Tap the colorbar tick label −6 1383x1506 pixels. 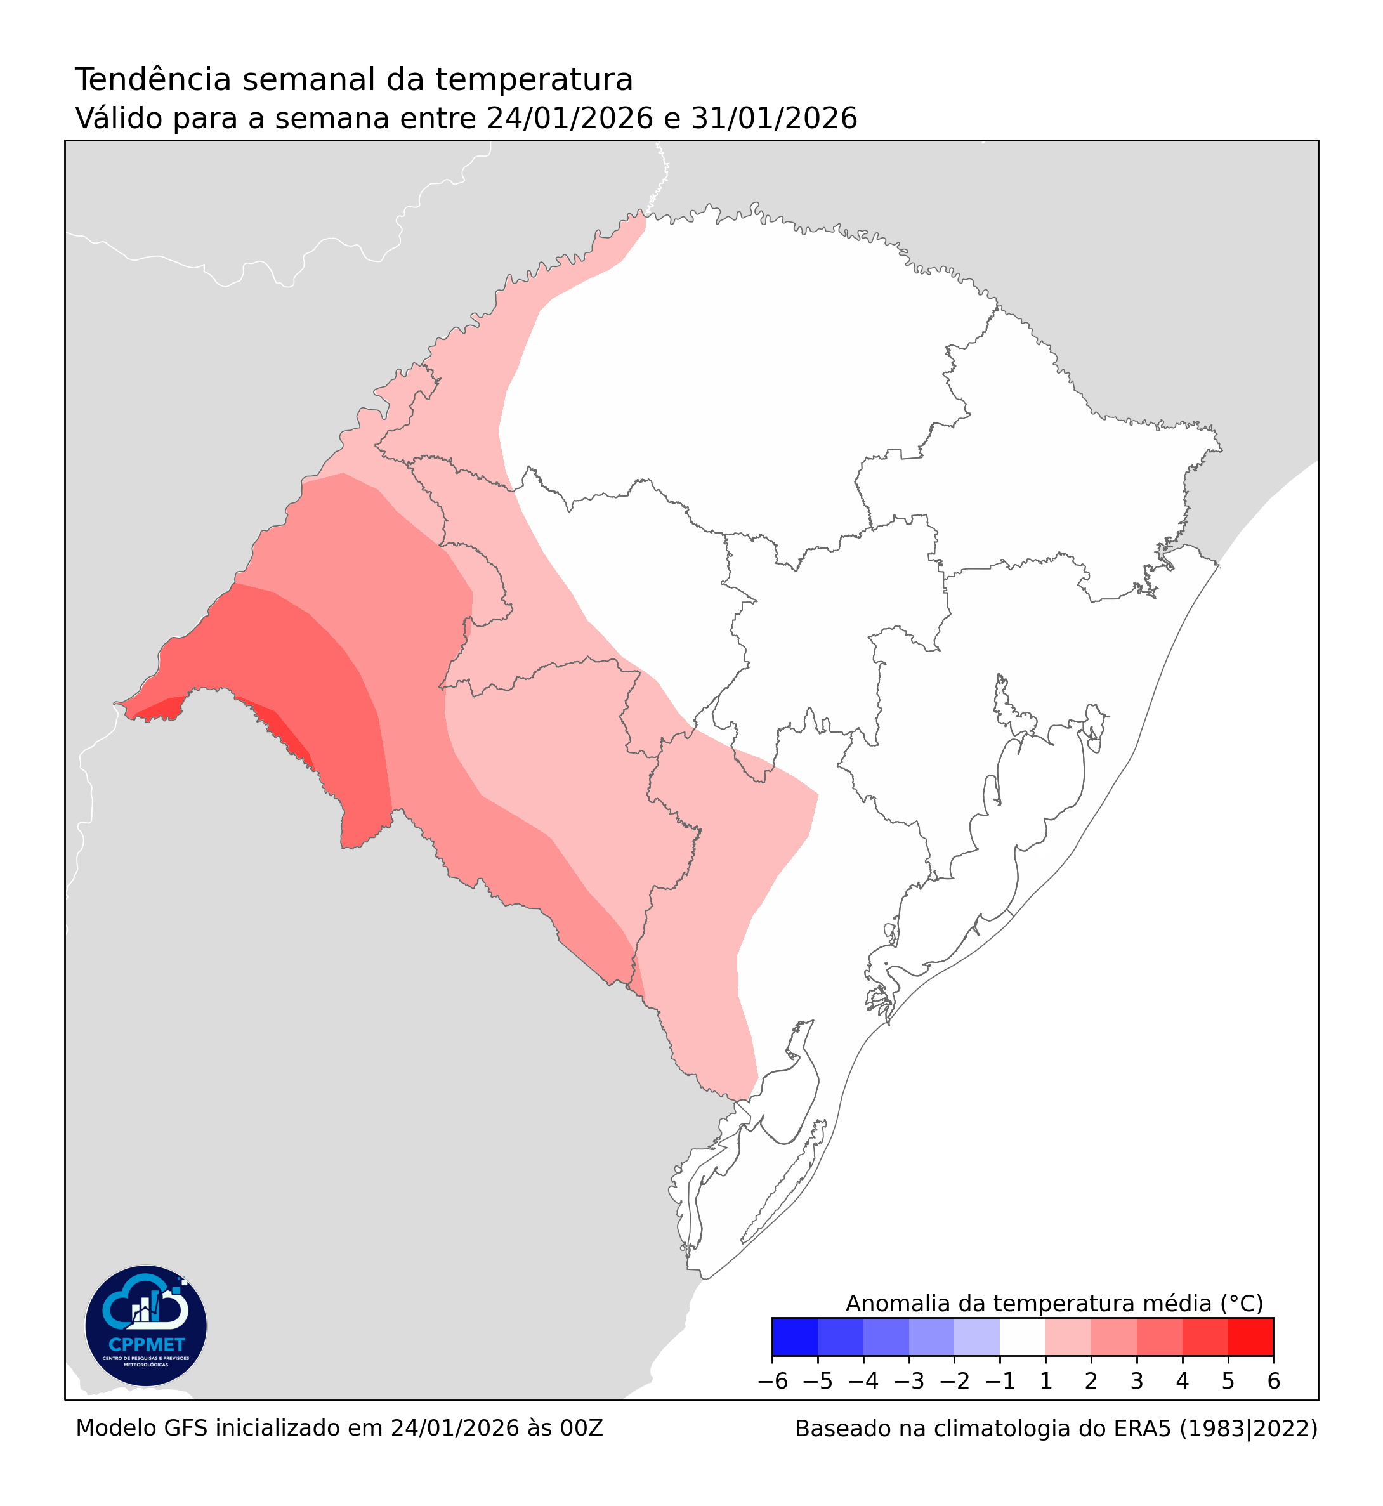(772, 1382)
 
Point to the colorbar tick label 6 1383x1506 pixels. (1274, 1382)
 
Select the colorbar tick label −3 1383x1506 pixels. (909, 1382)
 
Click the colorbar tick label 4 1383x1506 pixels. (1183, 1382)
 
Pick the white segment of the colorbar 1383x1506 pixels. (1022, 1337)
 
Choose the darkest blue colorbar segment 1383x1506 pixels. (795, 1337)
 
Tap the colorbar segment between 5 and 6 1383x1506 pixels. (1250, 1337)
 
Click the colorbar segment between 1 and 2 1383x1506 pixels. (1068, 1337)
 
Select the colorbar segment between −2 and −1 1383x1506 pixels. (976, 1337)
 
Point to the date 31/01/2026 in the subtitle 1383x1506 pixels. (774, 118)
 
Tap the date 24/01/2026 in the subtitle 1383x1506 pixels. (570, 118)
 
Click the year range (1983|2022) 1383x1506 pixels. (1249, 1430)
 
